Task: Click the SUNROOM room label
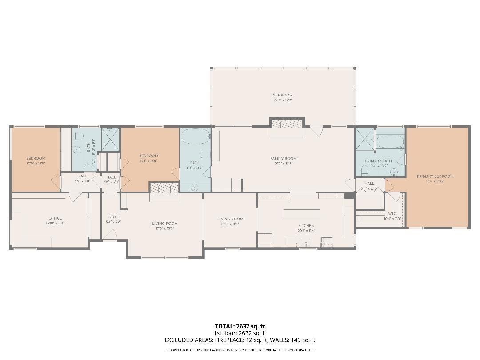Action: click(283, 95)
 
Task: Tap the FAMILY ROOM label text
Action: click(283, 159)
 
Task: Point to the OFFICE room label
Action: click(55, 218)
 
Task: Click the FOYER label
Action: click(113, 217)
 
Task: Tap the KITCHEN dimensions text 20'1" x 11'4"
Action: click(306, 231)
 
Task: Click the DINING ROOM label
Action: click(230, 219)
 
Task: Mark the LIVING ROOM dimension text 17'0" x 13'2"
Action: click(165, 228)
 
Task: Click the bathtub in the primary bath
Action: click(390, 142)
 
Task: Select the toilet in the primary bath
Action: click(364, 170)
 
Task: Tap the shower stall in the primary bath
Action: click(364, 139)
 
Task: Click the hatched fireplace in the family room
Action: click(288, 123)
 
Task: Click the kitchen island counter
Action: click(302, 214)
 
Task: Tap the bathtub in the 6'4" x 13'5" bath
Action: click(195, 137)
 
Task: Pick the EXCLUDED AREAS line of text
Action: click(240, 340)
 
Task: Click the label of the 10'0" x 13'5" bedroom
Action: click(36, 159)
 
